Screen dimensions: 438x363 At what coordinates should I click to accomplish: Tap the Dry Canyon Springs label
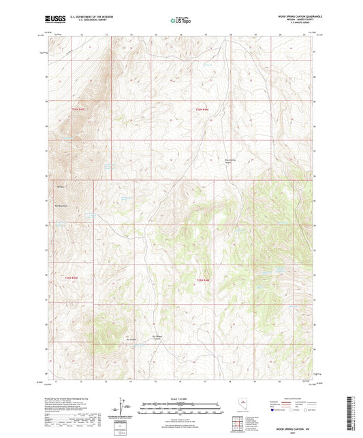[159, 337]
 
